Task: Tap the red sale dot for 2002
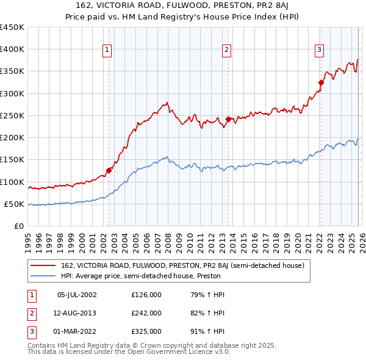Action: click(109, 170)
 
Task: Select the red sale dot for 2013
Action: click(228, 120)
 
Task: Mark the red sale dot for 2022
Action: click(320, 83)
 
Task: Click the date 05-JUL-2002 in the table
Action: click(77, 295)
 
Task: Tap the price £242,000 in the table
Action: click(146, 313)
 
